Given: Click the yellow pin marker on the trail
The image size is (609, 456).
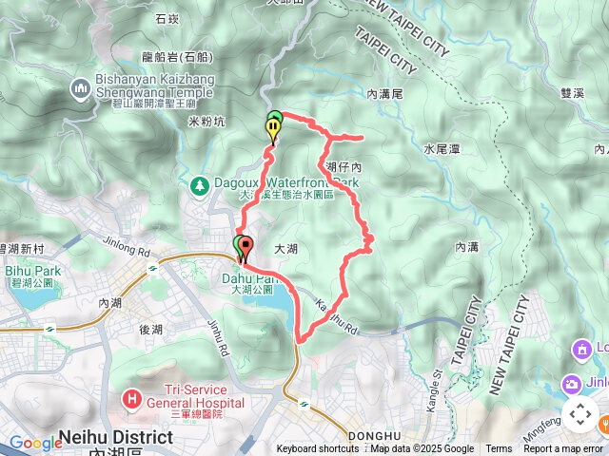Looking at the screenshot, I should pos(274,133).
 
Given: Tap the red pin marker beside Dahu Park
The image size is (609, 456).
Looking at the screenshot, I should pos(245,249).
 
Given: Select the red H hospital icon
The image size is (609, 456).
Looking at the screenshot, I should pos(132,397).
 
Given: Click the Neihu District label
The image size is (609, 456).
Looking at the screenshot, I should pos(116,438).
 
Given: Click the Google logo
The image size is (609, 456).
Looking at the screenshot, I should pos(35,442).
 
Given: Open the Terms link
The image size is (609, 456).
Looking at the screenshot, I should pos(499,449).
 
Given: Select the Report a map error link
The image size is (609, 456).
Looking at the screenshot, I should pos(564,449).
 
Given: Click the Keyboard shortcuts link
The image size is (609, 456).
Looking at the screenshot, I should pos(318,449).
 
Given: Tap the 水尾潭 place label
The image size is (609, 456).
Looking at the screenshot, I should pos(442,149).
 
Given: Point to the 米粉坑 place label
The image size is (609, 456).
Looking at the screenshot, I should pos(206,123).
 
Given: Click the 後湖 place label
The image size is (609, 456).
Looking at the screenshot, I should pos(151,330).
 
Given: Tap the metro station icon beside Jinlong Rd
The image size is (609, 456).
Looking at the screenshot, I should pos(152,269).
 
